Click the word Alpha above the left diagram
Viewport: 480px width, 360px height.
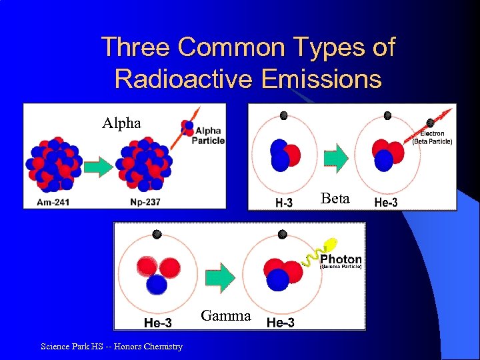point(121,123)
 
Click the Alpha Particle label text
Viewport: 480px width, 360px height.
point(208,135)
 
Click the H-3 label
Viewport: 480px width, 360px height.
point(283,203)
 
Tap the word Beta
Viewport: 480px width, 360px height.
point(334,198)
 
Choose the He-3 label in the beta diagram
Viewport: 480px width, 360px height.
point(385,203)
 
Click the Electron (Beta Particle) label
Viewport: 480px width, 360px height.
point(432,137)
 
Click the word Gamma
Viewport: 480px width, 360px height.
point(226,316)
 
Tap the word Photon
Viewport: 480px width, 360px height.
point(341,259)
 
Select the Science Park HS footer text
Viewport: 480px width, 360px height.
point(111,346)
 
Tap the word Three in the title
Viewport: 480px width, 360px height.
point(135,47)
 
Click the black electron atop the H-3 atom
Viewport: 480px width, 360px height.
point(283,115)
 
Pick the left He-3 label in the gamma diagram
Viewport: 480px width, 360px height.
point(157,323)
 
